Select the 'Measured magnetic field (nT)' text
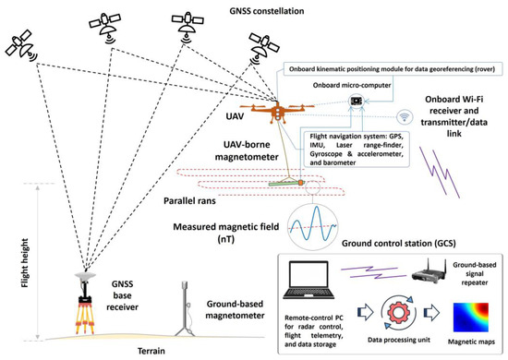coord(230,232)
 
